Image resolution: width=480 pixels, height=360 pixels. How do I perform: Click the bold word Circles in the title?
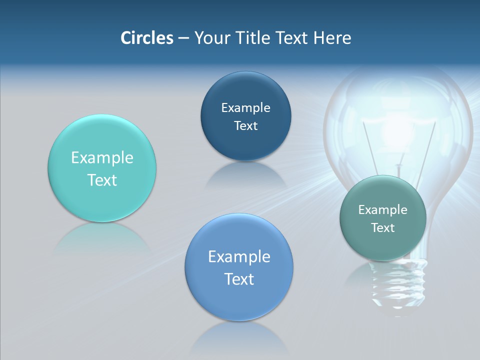(x=146, y=38)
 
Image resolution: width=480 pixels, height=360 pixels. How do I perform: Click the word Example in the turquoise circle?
(x=102, y=158)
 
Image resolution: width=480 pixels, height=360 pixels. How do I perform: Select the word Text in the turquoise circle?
(x=102, y=180)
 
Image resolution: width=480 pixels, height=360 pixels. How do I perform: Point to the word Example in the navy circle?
(x=245, y=108)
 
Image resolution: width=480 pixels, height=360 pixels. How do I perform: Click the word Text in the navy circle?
(x=245, y=126)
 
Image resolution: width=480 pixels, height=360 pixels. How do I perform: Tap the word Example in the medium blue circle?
(x=239, y=257)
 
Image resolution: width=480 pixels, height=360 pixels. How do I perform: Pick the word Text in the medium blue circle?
(x=239, y=279)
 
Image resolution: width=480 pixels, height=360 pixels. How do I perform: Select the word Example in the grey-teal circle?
(x=383, y=210)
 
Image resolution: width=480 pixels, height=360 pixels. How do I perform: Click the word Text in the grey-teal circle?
(x=383, y=228)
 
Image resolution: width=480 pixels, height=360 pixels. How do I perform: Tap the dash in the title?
(x=183, y=38)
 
